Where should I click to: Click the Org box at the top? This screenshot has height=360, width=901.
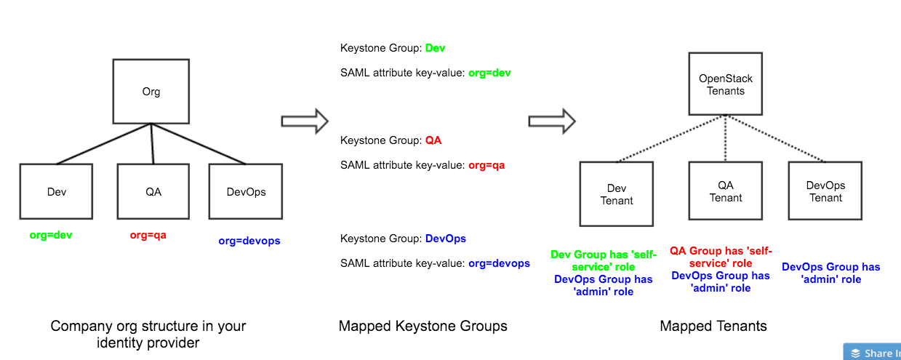151,92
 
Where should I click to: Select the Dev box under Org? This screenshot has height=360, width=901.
56,191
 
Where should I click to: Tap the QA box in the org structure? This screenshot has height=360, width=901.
153,191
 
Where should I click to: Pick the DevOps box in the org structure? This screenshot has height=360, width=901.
246,191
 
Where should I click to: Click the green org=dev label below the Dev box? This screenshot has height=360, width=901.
51,235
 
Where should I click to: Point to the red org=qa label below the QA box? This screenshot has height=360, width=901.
148,235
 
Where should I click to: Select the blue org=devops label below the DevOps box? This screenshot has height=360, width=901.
249,240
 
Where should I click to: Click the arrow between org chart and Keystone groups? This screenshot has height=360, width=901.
305,120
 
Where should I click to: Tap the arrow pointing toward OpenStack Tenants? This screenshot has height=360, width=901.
552,120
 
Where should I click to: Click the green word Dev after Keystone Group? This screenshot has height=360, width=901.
435,48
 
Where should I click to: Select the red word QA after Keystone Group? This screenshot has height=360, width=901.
433,140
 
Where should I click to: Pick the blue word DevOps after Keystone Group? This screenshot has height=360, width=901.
445,238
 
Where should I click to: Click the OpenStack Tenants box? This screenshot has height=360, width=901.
726,84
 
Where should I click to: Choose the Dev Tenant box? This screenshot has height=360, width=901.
617,194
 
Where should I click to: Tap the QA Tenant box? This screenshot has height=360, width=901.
726,191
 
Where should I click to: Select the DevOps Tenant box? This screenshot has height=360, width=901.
825,191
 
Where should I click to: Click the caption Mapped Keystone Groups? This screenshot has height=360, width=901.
423,326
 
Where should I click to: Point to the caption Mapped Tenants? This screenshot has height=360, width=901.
713,326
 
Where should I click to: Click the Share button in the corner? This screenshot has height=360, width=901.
872,353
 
